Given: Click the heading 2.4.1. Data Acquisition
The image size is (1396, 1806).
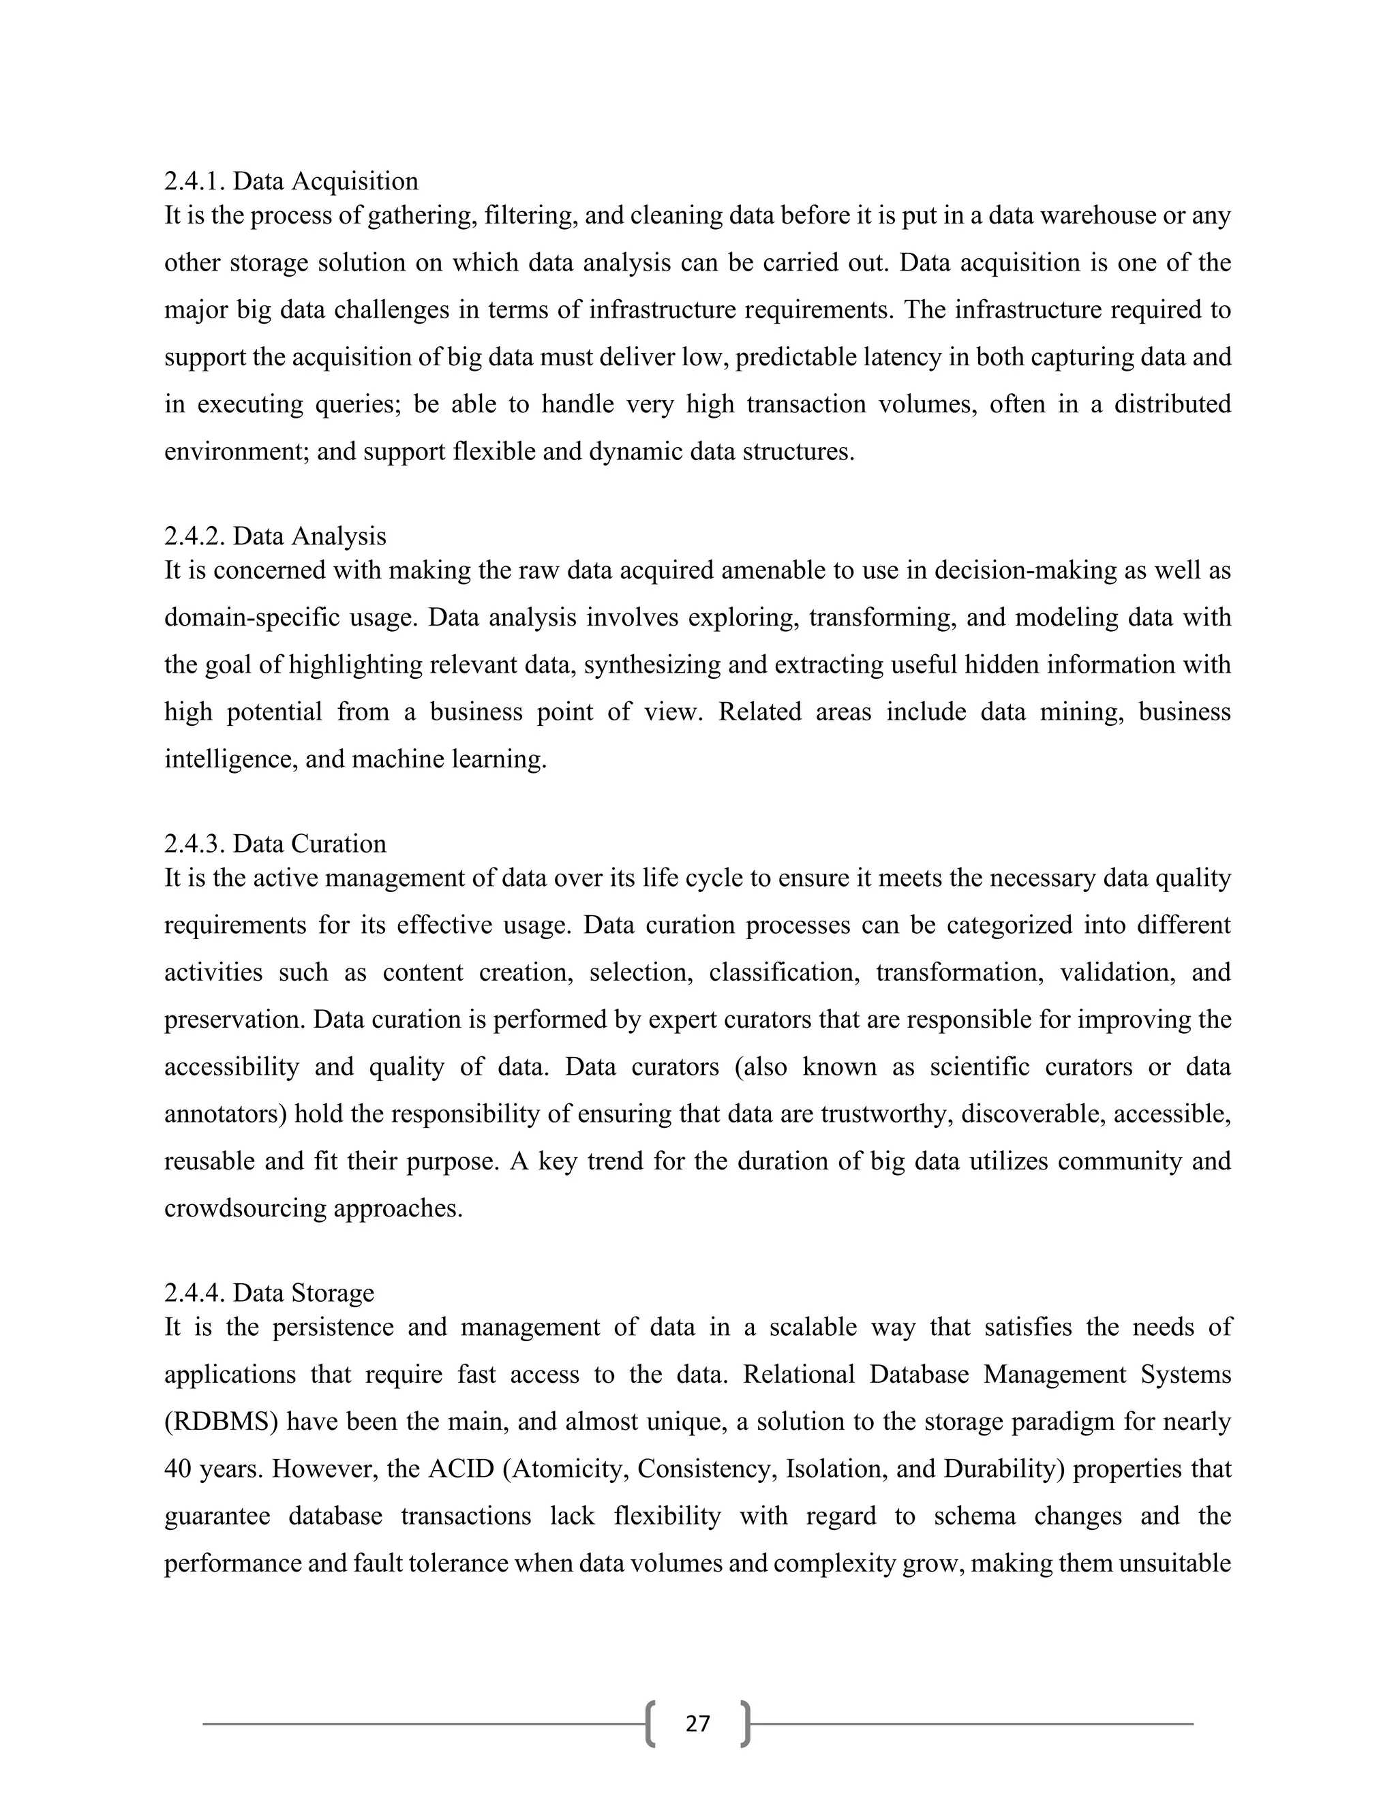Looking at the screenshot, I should click(291, 181).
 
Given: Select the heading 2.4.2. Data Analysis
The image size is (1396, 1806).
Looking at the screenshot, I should click(275, 536).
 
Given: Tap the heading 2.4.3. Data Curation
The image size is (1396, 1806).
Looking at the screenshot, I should click(275, 844).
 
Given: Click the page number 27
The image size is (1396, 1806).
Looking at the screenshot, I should click(698, 1724).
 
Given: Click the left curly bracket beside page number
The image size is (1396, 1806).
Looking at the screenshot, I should click(650, 1724).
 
